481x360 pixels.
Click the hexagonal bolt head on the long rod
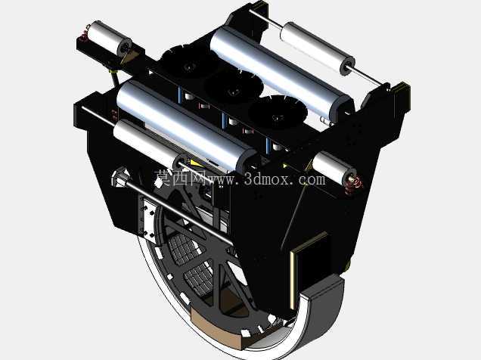[x=120, y=177]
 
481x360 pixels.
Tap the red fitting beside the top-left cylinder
[x=83, y=36]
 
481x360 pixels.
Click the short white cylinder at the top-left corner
[x=109, y=38]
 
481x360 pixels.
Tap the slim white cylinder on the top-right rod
[x=318, y=48]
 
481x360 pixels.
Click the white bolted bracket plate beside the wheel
[x=149, y=219]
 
